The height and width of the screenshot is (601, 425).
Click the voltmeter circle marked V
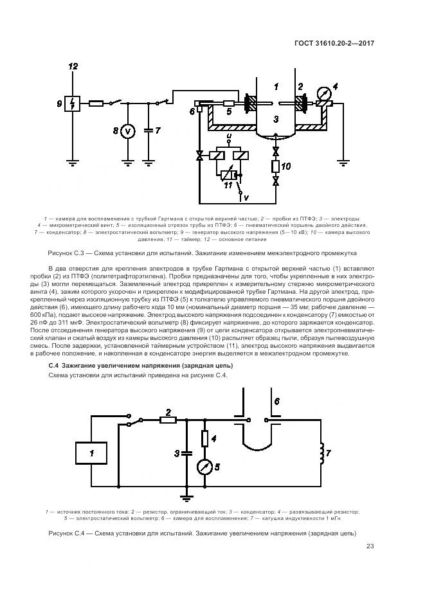127,131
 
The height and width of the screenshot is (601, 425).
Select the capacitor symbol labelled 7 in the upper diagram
149,130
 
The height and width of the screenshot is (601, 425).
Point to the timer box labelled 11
228,174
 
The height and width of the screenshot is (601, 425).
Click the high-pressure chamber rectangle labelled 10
276,167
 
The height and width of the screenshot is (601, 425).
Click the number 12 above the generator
73,67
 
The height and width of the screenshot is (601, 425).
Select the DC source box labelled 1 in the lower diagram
91,454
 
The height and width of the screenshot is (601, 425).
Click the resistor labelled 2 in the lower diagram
168,420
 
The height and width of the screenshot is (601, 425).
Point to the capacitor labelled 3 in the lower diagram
186,453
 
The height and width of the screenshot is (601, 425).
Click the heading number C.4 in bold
54,365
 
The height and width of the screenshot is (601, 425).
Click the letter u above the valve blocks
228,138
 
